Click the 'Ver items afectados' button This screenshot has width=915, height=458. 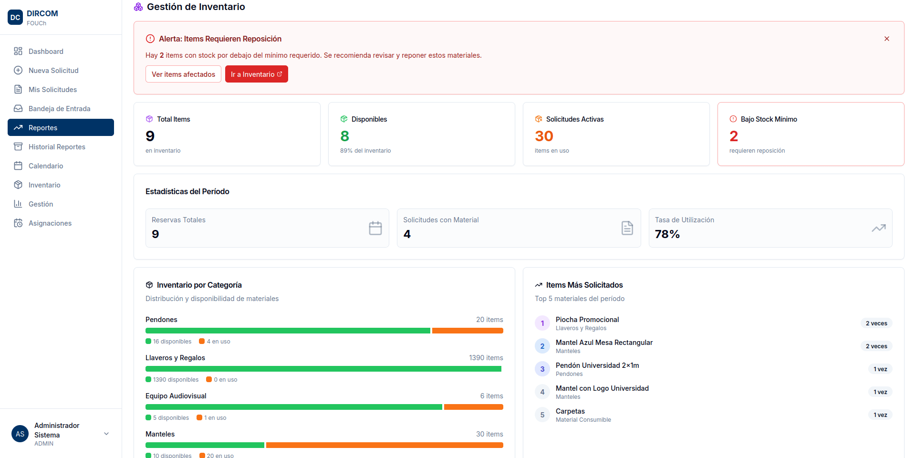pos(183,74)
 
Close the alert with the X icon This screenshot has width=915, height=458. pos(887,39)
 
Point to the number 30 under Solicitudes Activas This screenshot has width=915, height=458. pos(544,136)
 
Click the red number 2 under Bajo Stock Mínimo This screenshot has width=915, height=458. pos(734,136)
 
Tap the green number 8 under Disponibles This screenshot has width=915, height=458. pos(344,136)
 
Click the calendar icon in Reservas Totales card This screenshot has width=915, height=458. pos(375,228)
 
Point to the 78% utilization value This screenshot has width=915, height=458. pos(667,234)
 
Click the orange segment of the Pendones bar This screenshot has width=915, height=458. pos(468,331)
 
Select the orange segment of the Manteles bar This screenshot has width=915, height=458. pos(385,445)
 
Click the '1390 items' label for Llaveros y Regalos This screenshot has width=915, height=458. pos(486,358)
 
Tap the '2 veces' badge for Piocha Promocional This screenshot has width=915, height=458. pos(876,323)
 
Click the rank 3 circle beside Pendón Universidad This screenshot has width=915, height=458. pos(542,369)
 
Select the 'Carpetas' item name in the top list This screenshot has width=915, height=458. pos(570,411)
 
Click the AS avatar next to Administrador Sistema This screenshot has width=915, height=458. pos(20,434)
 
